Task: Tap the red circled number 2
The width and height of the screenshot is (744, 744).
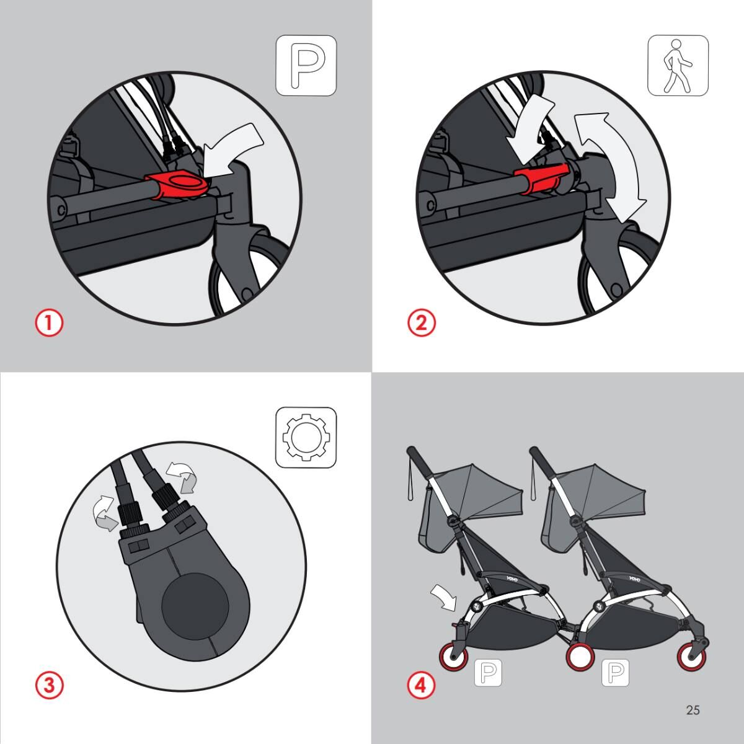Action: (x=421, y=323)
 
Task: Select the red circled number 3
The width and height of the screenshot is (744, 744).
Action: (x=50, y=686)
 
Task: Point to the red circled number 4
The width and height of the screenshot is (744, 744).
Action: (x=421, y=686)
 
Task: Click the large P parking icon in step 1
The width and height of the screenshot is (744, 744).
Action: (x=306, y=66)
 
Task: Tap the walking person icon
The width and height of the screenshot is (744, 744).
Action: (x=678, y=66)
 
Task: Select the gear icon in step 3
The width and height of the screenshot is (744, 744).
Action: (x=306, y=438)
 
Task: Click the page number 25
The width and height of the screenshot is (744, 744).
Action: (x=693, y=710)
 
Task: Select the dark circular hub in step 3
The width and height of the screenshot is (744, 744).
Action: (x=195, y=604)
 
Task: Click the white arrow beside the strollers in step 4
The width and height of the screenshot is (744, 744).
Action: (x=444, y=597)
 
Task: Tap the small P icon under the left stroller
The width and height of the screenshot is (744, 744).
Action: (x=488, y=672)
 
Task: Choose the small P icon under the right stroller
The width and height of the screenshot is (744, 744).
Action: (x=616, y=672)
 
